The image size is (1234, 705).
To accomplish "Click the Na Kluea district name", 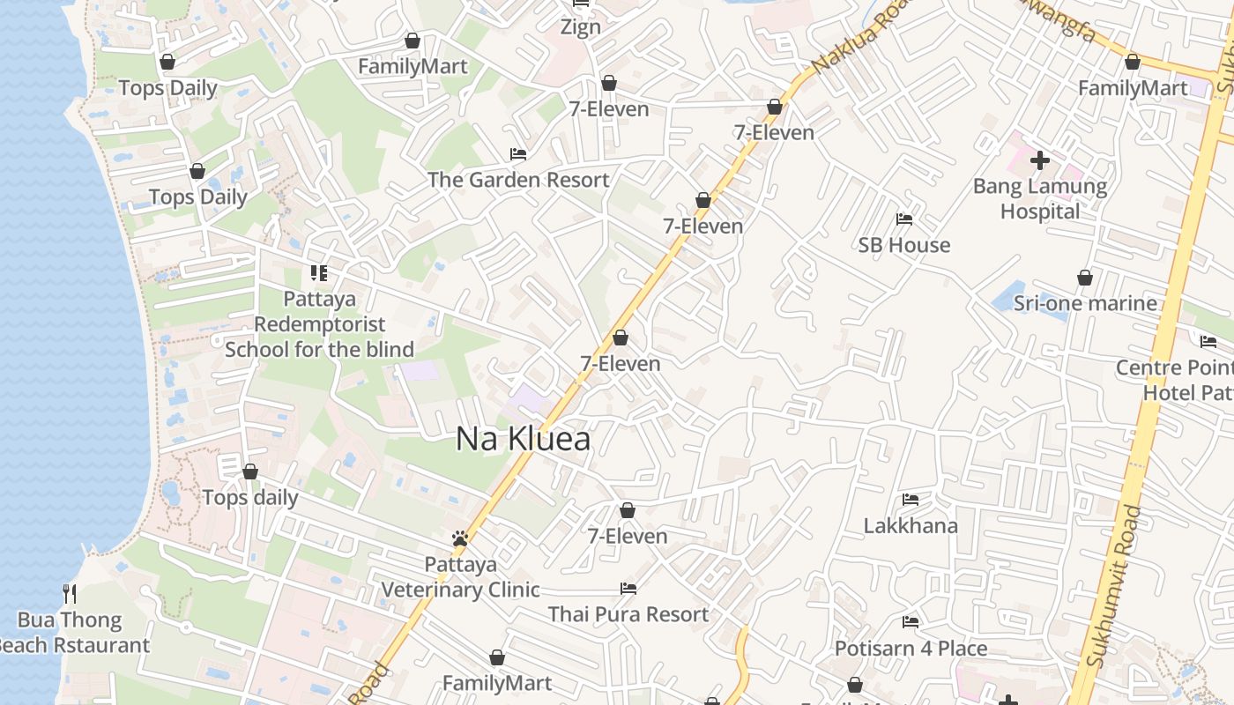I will coord(523,439).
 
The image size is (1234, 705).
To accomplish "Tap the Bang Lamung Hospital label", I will coord(1040,199).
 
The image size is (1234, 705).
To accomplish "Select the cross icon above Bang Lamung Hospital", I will coord(1040,160).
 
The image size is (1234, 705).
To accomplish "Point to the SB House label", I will coord(904,245).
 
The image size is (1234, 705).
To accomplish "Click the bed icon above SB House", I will coord(904,219).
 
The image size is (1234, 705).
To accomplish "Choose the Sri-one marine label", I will coord(1085,303).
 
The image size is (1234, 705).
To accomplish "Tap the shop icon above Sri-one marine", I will coord(1085,278).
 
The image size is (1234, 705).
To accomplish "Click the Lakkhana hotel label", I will coord(911,526).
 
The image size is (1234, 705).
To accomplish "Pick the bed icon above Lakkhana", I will coord(911,500).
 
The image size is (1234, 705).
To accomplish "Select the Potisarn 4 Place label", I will coord(911,649).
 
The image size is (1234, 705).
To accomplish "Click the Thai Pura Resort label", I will coord(628,614).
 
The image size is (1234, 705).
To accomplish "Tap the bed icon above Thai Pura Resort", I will coord(628,588).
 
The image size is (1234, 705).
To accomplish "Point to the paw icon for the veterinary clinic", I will coord(459,538).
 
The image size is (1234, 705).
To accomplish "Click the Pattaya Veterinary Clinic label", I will coord(460,577).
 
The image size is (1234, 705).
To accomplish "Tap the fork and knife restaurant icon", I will coord(70,593).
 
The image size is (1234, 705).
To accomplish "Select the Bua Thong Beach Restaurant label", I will coord(71,633).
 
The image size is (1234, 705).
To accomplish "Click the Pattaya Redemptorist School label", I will coord(319,324).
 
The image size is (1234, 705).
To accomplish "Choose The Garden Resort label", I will coord(518,180).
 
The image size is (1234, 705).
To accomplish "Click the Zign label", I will coord(581,26).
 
